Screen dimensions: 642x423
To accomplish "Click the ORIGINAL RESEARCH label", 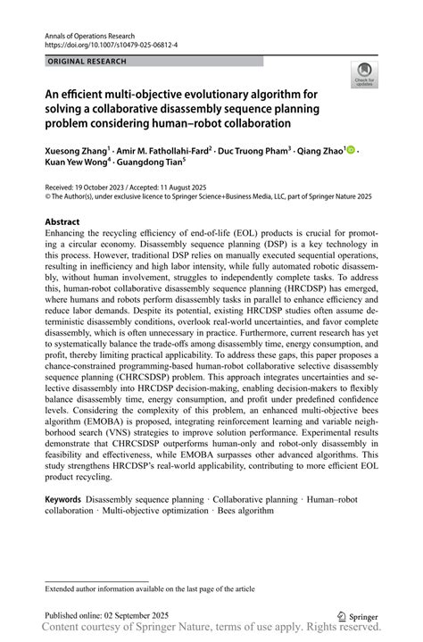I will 86,62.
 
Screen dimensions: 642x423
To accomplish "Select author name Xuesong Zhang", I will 76,152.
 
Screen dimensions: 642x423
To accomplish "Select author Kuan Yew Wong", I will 76,165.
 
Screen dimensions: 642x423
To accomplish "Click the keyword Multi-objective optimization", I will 155,511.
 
